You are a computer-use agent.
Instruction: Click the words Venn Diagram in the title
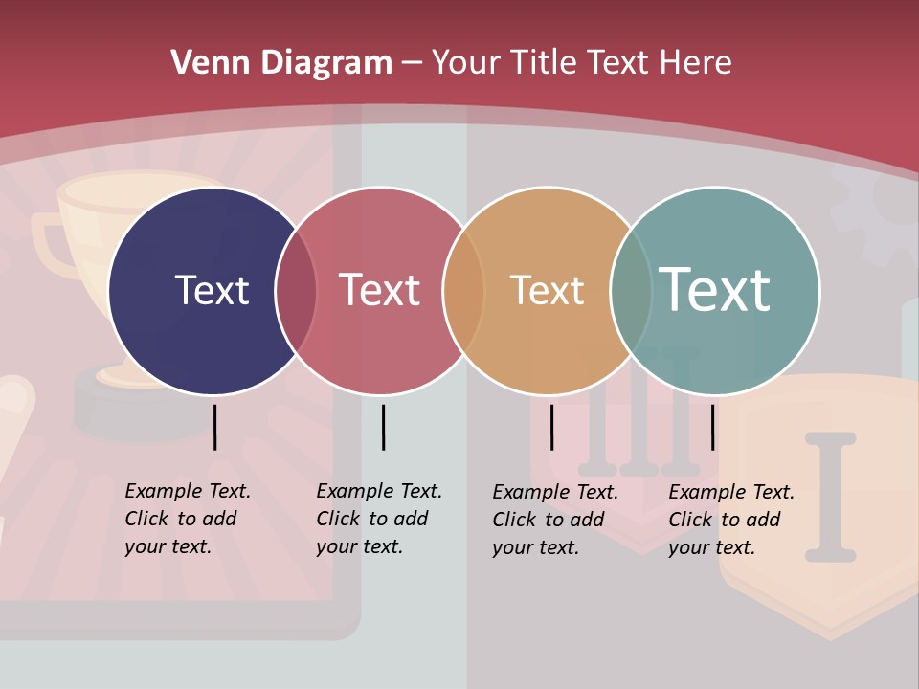click(x=281, y=63)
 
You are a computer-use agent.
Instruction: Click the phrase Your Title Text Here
click(x=581, y=63)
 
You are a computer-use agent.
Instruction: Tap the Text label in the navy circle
click(x=212, y=290)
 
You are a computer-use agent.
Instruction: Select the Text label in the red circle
click(x=379, y=290)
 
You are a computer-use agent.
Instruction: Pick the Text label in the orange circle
click(x=547, y=290)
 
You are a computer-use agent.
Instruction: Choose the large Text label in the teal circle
click(x=714, y=289)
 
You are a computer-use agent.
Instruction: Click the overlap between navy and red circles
click(x=296, y=291)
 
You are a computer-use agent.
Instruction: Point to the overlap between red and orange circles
click(x=463, y=291)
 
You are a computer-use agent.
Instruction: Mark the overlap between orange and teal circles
click(x=631, y=291)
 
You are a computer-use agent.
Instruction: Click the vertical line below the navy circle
click(x=214, y=427)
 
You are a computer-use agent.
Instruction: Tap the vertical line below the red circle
click(x=383, y=427)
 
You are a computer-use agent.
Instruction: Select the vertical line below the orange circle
click(x=551, y=427)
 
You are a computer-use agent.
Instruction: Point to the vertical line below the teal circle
click(x=712, y=427)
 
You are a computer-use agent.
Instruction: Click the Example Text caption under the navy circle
click(x=188, y=519)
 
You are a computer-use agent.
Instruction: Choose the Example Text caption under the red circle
click(x=379, y=519)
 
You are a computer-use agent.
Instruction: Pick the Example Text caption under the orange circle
click(x=555, y=520)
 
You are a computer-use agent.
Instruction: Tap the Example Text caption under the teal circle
click(x=731, y=520)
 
